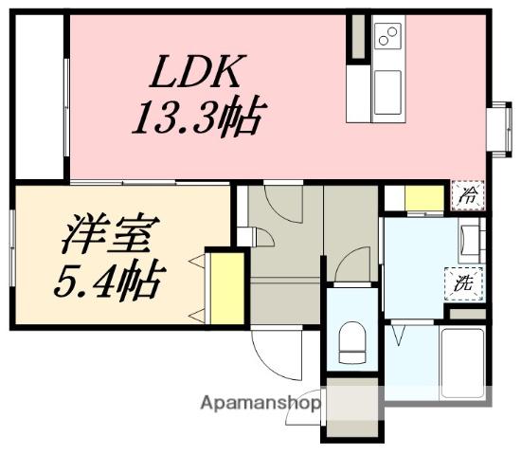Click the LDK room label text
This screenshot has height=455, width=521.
(x=198, y=71)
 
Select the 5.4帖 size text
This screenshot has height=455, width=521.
(x=110, y=279)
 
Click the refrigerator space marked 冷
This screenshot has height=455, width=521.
(x=468, y=195)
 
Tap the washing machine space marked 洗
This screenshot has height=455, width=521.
(x=464, y=284)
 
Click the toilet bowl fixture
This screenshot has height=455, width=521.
(x=352, y=342)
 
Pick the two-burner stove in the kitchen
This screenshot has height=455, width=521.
(x=388, y=36)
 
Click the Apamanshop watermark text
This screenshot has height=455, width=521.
(x=260, y=404)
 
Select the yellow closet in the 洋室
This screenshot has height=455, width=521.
(x=228, y=288)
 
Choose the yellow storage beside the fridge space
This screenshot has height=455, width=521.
(x=424, y=198)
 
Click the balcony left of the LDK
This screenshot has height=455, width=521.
(x=40, y=97)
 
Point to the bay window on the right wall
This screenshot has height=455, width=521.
(x=499, y=129)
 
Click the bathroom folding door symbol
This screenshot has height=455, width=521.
(x=399, y=335)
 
